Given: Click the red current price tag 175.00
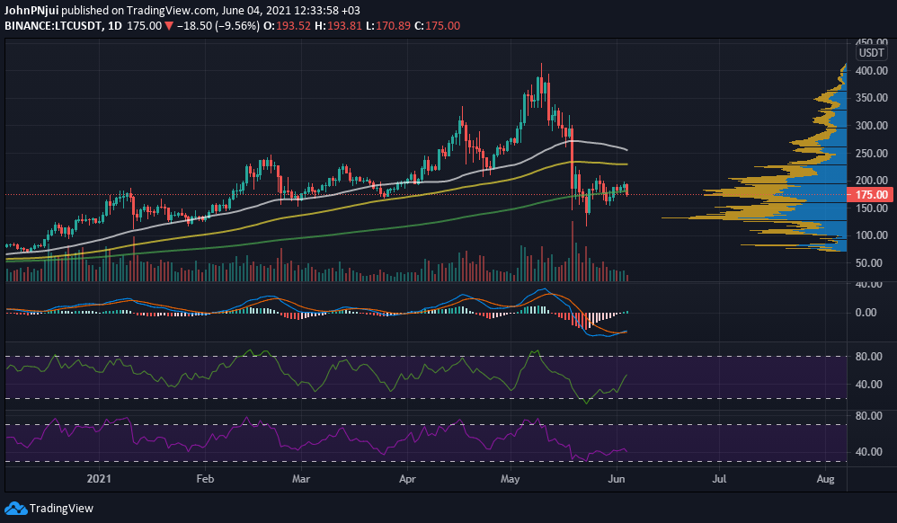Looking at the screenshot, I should (x=871, y=194).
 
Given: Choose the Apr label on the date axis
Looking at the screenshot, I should (x=409, y=481).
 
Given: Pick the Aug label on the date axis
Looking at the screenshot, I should (x=827, y=481).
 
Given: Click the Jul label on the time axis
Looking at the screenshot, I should (x=720, y=481).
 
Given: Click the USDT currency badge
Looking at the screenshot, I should (x=873, y=53).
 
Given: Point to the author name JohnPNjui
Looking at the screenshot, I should (x=32, y=11).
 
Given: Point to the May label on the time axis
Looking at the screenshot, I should (x=511, y=481).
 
